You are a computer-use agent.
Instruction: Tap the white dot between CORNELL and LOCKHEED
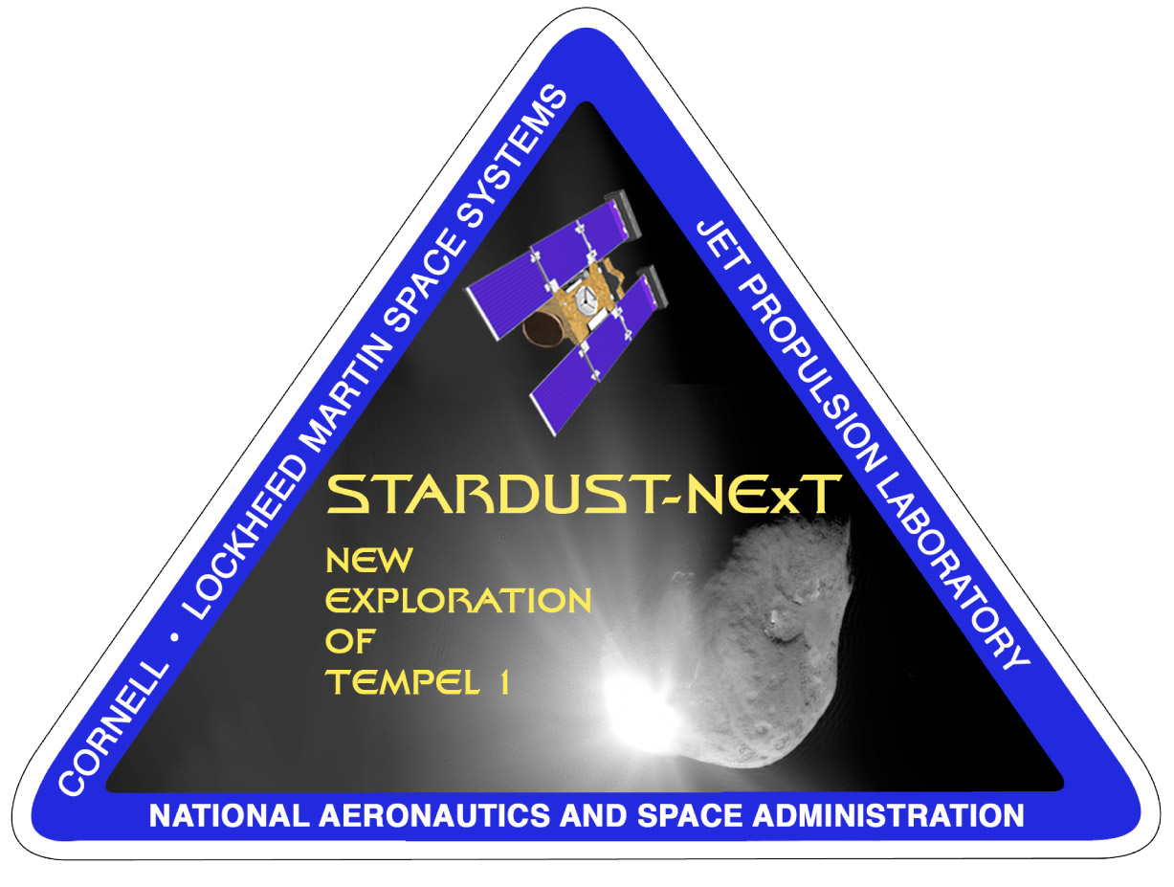pos(175,637)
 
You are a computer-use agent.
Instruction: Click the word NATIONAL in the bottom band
pos(230,816)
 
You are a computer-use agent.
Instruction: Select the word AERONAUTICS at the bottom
pos(434,816)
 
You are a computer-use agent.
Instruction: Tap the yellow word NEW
pos(369,560)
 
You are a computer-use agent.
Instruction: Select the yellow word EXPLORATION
pos(458,600)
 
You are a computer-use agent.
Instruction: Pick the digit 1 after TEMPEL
pos(504,682)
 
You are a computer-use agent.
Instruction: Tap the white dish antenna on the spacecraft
pos(586,299)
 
